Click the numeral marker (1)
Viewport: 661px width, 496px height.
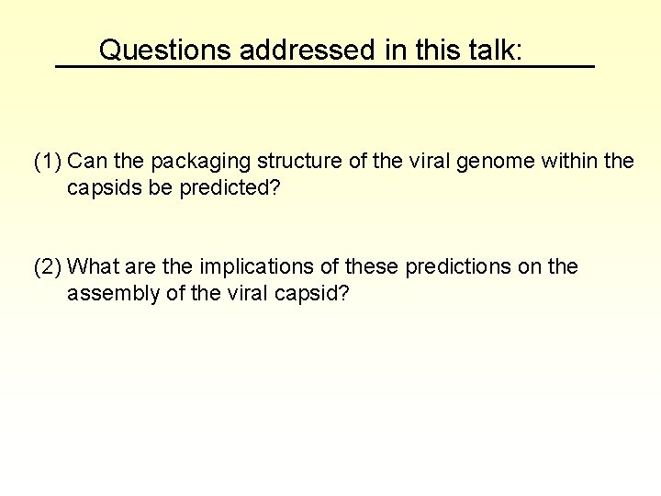click(48, 163)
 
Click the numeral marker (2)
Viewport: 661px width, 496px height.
click(48, 267)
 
